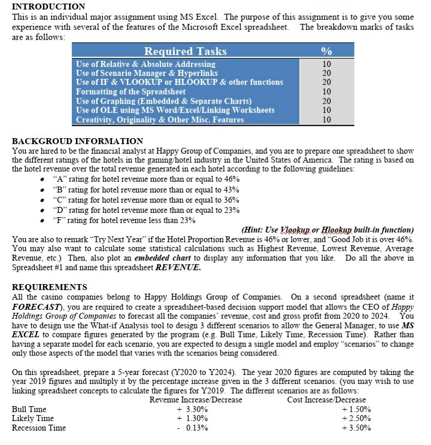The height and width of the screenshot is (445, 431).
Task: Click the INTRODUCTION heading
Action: (48, 6)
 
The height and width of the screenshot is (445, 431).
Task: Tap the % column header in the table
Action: (326, 51)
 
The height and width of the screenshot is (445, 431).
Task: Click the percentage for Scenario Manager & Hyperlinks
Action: (326, 73)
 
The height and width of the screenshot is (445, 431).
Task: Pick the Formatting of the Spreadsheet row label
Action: (130, 92)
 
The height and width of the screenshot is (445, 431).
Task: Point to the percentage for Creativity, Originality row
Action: (326, 119)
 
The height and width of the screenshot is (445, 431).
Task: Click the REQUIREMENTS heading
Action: (49, 287)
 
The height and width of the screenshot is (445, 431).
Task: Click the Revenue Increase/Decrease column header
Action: (196, 400)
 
